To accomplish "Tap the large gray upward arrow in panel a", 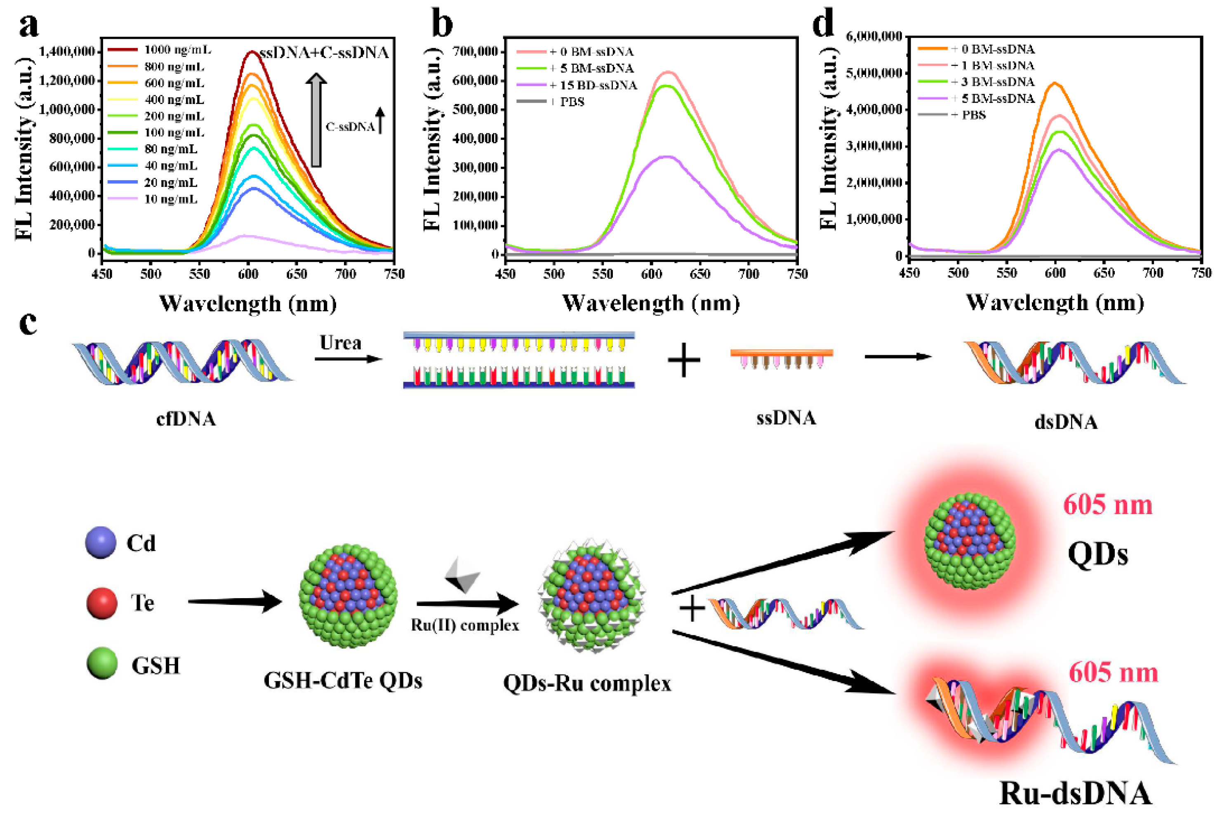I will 316,120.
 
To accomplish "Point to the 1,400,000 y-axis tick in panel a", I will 67,51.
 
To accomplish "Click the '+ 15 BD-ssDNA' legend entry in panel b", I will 593,85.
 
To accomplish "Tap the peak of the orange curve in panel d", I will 1055,83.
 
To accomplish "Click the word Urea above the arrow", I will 340,343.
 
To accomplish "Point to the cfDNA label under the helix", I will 186,419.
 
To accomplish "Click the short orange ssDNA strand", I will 781,353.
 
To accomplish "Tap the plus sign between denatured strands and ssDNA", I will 683,360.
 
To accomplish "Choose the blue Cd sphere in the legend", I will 101,542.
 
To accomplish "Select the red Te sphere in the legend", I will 101,603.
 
